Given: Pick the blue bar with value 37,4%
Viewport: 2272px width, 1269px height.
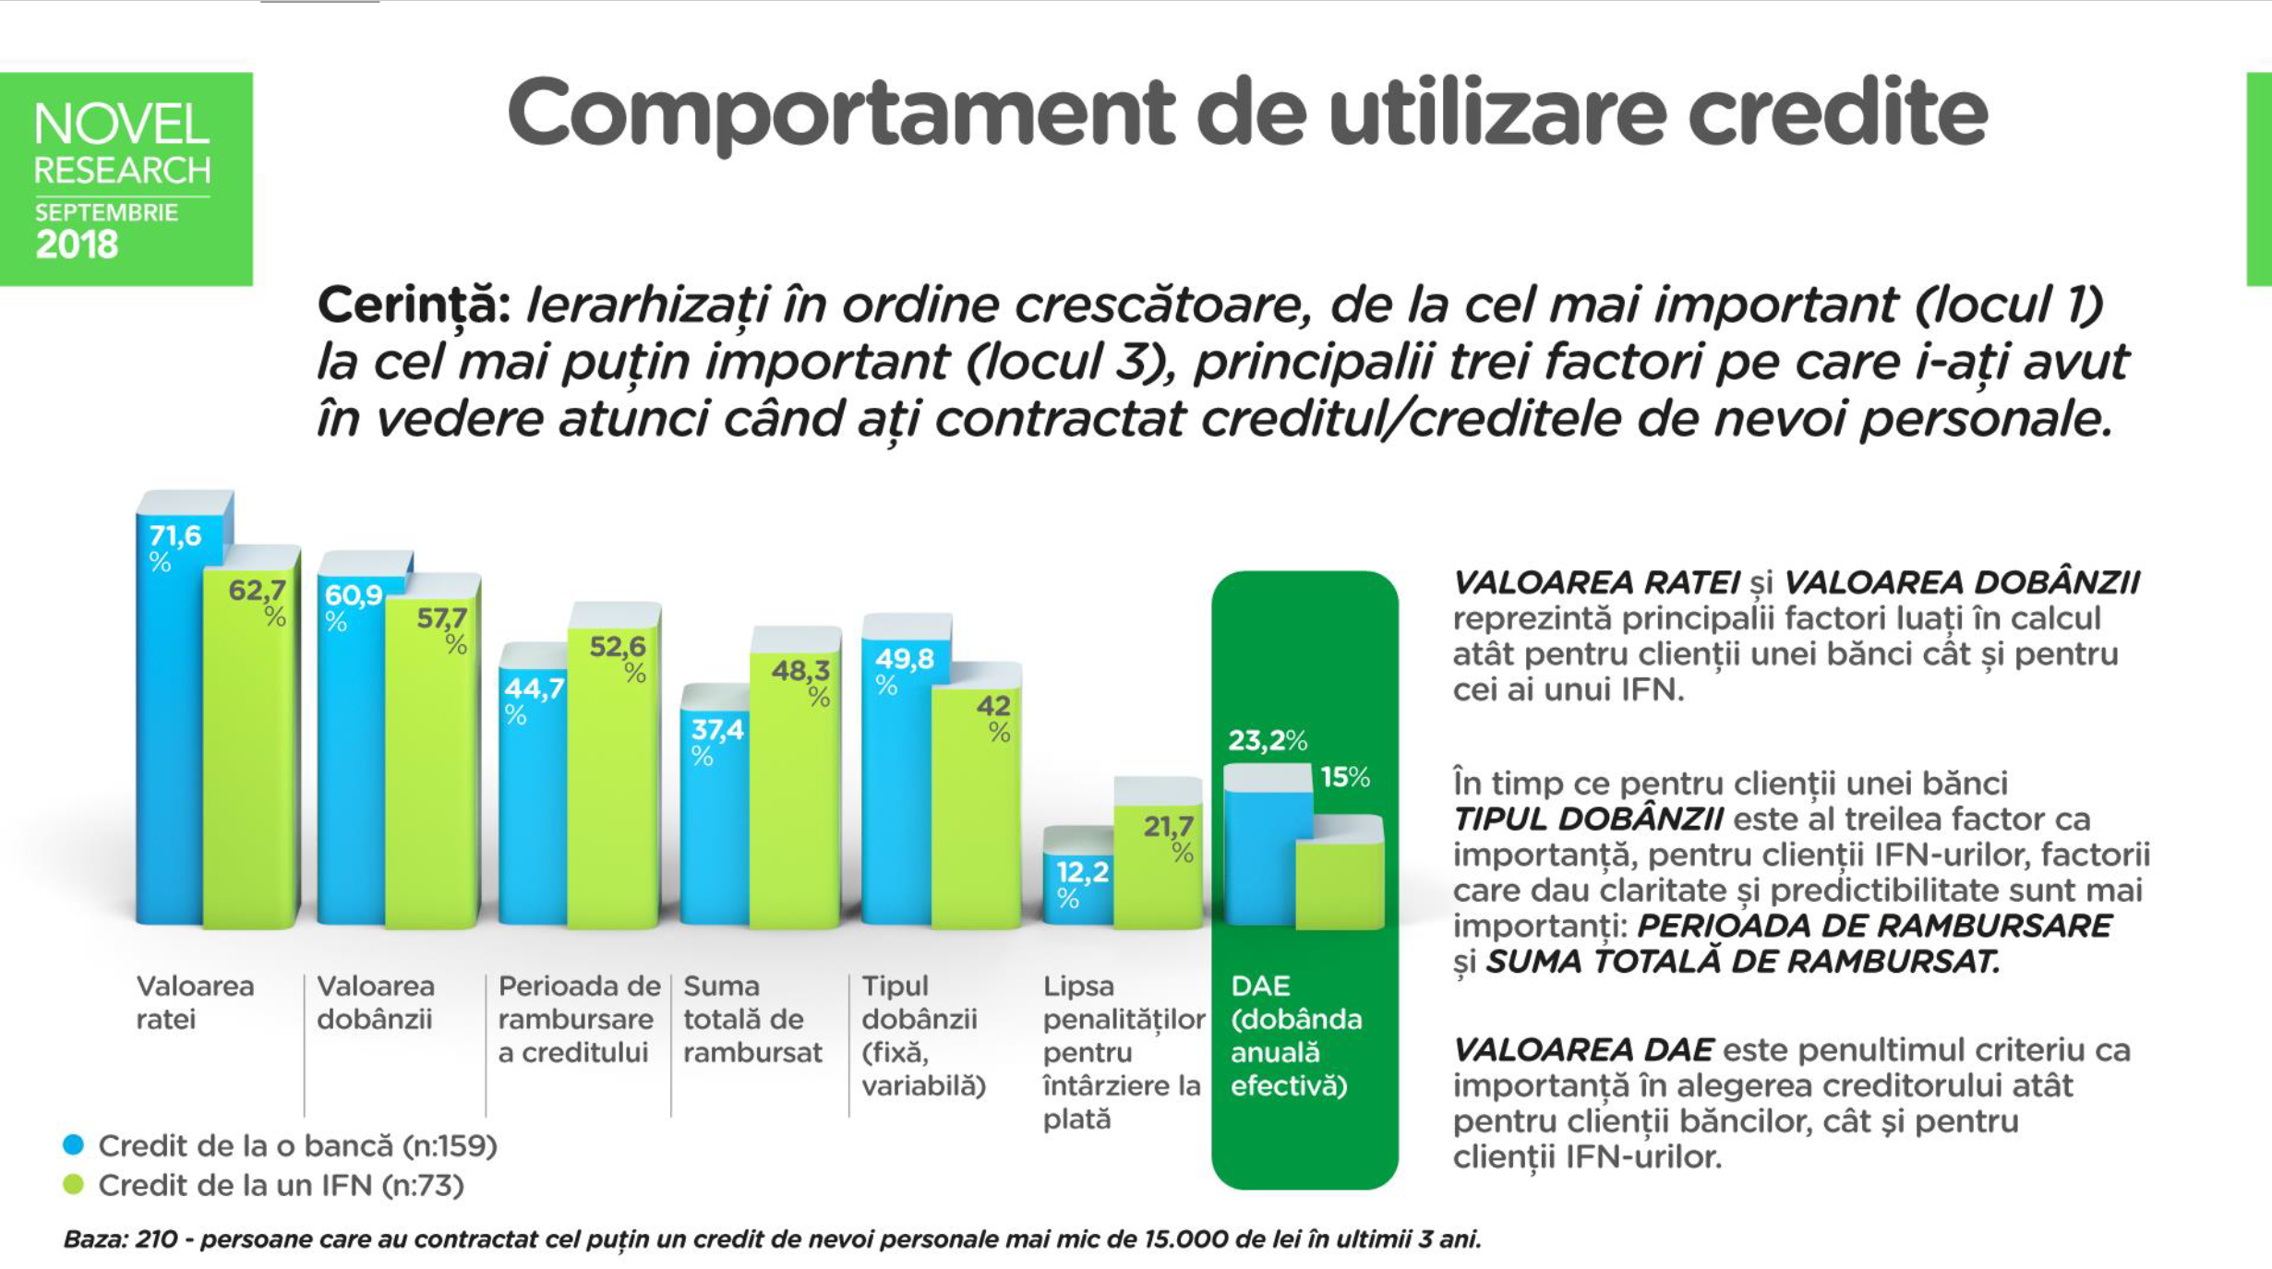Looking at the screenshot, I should pyautogui.click(x=715, y=831).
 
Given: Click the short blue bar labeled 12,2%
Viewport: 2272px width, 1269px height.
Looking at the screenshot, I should pyautogui.click(x=1077, y=891).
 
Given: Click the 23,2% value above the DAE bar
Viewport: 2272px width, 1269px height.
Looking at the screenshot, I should pyautogui.click(x=1267, y=741).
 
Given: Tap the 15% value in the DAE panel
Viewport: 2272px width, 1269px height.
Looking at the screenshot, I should pyautogui.click(x=1344, y=777).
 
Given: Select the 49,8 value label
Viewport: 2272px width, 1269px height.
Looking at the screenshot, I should pyautogui.click(x=904, y=659).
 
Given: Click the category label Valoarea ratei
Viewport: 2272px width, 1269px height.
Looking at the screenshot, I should pyautogui.click(x=195, y=1002).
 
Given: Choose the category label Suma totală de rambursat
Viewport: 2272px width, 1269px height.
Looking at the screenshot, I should pyautogui.click(x=751, y=1019).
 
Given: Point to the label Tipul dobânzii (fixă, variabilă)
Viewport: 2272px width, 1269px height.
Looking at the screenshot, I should pyautogui.click(x=922, y=1036).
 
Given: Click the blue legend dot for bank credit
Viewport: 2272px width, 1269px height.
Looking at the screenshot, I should pyautogui.click(x=73, y=1145).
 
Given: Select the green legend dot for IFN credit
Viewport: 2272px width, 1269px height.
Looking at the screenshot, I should pyautogui.click(x=73, y=1185).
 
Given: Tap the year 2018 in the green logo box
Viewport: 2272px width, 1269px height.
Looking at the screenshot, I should pyautogui.click(x=77, y=245).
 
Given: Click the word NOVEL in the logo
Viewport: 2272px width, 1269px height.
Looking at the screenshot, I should pyautogui.click(x=122, y=125).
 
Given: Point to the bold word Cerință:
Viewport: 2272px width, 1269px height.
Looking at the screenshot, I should pyautogui.click(x=414, y=305).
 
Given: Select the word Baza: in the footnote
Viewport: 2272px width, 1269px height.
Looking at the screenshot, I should pyautogui.click(x=95, y=1239).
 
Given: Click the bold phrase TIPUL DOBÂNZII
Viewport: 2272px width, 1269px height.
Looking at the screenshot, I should pyautogui.click(x=1587, y=819).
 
